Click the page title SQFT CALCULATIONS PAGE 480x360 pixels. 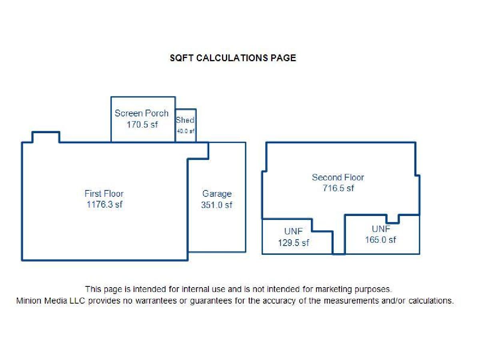coord(233,58)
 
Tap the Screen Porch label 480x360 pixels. coord(142,113)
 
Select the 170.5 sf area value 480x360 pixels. coord(142,124)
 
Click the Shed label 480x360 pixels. coord(185,120)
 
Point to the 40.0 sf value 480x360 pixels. coord(186,131)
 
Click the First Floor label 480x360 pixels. coord(104,194)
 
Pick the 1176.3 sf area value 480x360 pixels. coord(104,204)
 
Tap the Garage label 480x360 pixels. coord(217,194)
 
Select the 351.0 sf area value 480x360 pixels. coord(216,205)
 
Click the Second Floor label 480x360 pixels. coord(338,178)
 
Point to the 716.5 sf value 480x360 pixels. coord(338,188)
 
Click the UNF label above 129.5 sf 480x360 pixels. coord(294,231)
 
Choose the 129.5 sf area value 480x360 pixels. coord(294,243)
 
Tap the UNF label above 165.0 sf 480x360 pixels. coord(381,229)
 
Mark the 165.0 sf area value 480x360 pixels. coord(380,240)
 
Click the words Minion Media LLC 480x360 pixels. coord(50,301)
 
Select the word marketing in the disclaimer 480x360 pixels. coord(334,289)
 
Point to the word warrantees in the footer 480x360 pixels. coord(156,301)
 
